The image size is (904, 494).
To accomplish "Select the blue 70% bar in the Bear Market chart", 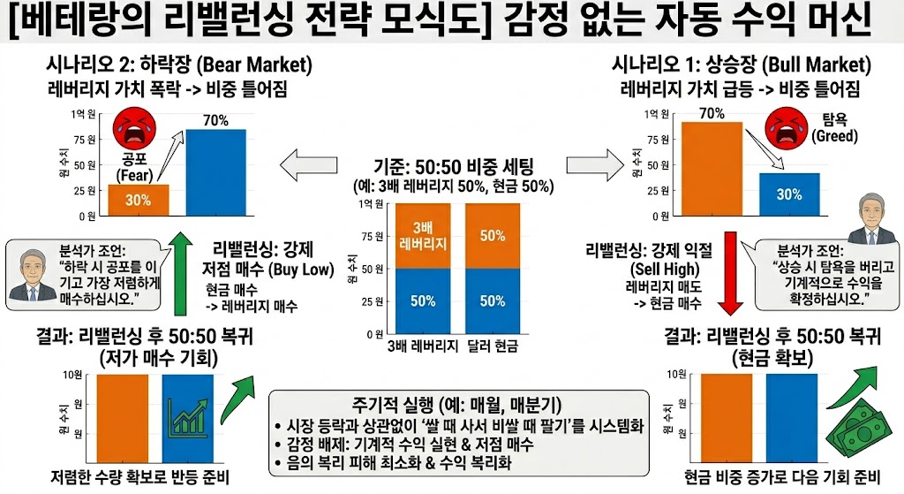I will [x=216, y=171].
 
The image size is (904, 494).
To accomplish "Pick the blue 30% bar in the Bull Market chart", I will [x=789, y=194].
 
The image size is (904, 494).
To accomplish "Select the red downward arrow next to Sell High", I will [x=732, y=273].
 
